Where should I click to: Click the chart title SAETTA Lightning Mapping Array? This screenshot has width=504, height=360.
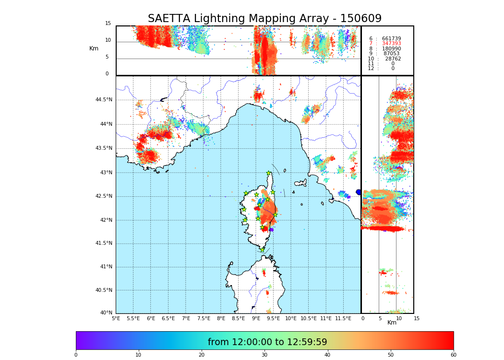point(264,19)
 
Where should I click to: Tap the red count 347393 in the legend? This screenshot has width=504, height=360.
point(391,44)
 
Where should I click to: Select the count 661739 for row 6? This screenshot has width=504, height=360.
point(391,39)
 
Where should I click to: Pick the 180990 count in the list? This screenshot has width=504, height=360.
point(391,49)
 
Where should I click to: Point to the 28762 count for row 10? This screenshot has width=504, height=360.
point(393,59)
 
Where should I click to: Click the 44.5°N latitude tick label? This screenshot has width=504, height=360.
point(104,100)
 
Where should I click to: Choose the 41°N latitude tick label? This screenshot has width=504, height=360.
point(105,267)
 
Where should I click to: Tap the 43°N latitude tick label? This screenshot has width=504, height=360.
point(105,173)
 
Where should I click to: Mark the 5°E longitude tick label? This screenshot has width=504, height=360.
point(116,318)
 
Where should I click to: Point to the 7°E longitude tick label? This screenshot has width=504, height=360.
point(186,318)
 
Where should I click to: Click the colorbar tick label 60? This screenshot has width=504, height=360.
point(453,355)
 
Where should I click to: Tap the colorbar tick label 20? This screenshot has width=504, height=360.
point(202,355)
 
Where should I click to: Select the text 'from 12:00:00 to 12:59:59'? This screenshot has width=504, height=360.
point(267,342)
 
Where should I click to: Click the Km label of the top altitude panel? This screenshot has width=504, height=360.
point(94,48)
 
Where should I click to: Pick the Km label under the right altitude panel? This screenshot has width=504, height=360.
point(392,323)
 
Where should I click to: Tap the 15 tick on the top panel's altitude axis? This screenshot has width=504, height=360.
point(108,24)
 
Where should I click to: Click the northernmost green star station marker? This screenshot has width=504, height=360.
point(268,173)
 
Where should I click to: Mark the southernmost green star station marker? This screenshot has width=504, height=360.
point(262,250)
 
